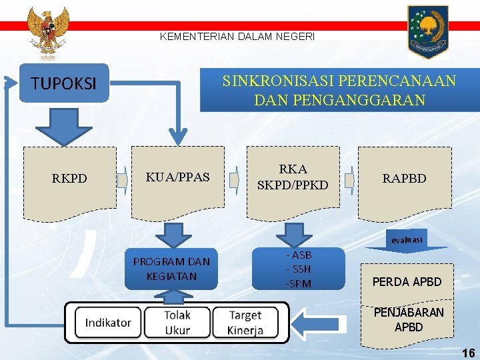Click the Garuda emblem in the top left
[x=48, y=32]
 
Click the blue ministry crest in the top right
[x=428, y=31]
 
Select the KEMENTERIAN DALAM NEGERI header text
[x=237, y=37]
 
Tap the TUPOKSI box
[x=64, y=83]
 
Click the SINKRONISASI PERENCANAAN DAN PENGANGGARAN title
[x=339, y=91]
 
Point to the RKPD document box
[x=69, y=179]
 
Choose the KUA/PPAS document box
[x=177, y=178]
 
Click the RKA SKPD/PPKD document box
[x=293, y=178]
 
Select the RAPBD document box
[x=404, y=179]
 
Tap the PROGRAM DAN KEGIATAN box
[x=171, y=269]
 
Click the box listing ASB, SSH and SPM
[x=298, y=269]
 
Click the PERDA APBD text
[x=407, y=282]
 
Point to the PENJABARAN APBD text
[x=409, y=319]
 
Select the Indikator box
[x=108, y=323]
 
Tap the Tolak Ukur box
[x=177, y=323]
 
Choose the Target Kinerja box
[x=245, y=323]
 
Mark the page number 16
[x=469, y=353]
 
